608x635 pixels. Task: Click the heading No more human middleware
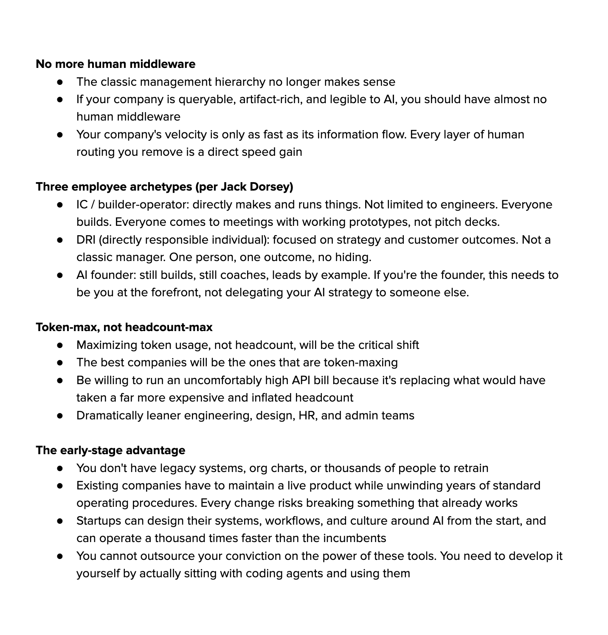(115, 64)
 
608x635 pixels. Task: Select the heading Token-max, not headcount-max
(124, 327)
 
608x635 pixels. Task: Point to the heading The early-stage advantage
(110, 450)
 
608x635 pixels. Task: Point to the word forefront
(175, 292)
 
